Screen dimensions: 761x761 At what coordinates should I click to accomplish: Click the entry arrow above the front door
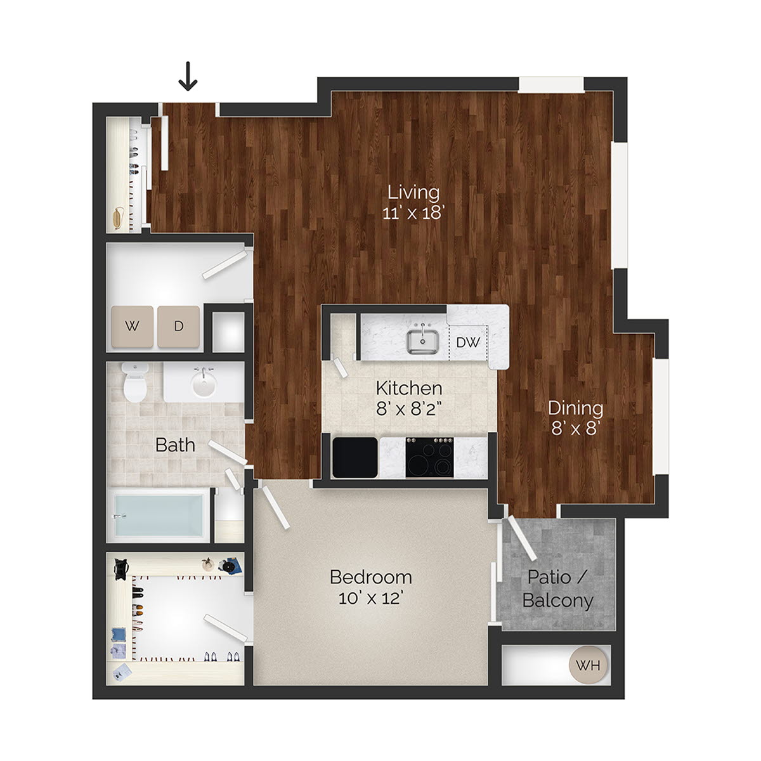188,76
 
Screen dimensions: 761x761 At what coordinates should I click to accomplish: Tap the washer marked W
132,327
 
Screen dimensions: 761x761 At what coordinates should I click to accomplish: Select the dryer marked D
179,327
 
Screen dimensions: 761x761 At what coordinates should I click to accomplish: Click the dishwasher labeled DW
468,342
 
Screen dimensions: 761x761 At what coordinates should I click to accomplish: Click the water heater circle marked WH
588,666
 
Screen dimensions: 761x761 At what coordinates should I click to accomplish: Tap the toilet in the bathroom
134,382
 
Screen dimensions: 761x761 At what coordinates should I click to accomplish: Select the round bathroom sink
204,383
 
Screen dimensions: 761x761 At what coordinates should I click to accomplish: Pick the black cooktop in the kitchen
430,457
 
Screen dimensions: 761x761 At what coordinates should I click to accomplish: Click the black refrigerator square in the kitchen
354,457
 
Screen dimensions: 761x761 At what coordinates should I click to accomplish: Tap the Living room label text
413,192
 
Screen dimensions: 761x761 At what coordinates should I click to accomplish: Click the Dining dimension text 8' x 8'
575,429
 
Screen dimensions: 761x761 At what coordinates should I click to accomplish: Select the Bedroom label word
371,577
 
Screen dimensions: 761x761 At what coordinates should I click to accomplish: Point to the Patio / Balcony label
558,589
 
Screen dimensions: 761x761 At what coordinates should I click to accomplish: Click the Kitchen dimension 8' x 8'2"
408,408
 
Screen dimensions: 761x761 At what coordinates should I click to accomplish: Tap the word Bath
175,445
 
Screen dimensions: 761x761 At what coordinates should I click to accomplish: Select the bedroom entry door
276,507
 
